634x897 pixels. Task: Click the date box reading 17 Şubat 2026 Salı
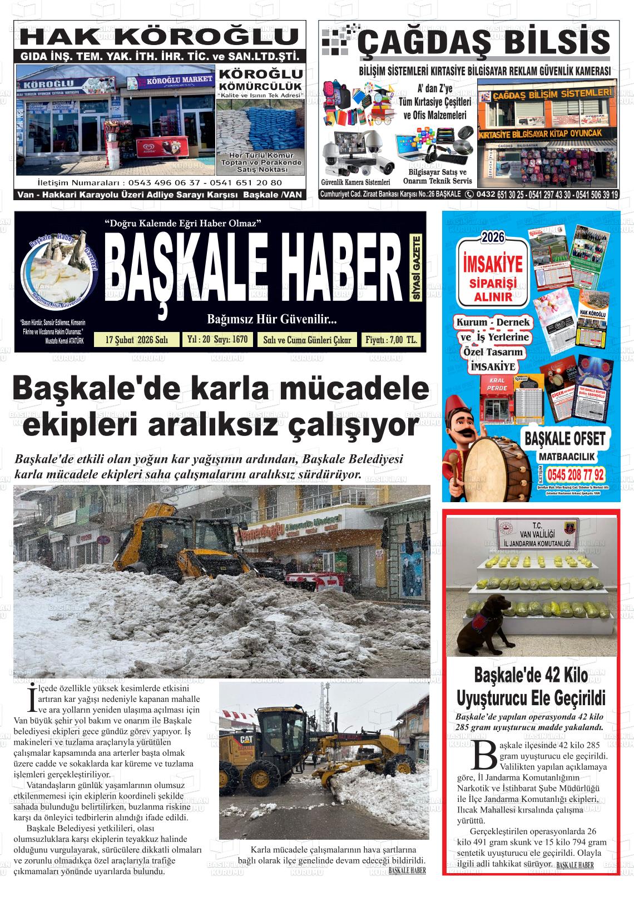pyautogui.click(x=136, y=340)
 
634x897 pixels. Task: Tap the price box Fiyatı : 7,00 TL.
pyautogui.click(x=390, y=340)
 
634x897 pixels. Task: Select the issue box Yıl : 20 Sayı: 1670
pyautogui.click(x=217, y=339)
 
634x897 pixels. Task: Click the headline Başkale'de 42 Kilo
pyautogui.click(x=531, y=676)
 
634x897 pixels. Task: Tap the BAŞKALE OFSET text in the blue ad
pyautogui.click(x=564, y=439)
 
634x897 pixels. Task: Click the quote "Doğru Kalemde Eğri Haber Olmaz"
pyautogui.click(x=183, y=224)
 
